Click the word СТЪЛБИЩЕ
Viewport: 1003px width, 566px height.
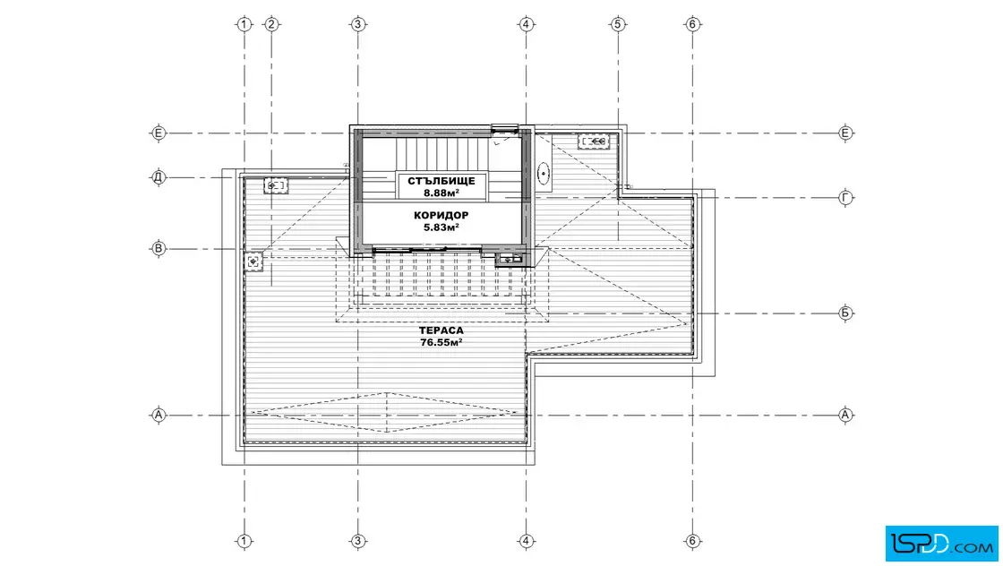(441, 181)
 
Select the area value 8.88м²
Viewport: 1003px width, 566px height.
(441, 193)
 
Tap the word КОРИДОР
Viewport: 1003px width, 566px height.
(441, 216)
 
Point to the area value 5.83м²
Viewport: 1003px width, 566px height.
(441, 227)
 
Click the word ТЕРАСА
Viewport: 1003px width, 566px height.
(441, 330)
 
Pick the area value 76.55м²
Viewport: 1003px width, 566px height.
(441, 342)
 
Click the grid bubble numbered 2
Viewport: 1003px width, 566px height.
(271, 24)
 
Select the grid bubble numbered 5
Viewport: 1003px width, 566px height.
(617, 24)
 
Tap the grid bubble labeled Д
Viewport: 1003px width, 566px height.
(158, 177)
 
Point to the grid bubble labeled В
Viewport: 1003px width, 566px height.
(158, 249)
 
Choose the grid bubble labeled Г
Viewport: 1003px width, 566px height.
(845, 198)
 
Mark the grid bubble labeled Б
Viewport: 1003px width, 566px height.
(845, 313)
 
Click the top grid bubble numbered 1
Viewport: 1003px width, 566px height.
(244, 24)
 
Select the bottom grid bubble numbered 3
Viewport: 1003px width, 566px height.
(357, 541)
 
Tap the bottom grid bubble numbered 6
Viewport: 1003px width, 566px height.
(693, 541)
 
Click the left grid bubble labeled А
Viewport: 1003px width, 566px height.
(158, 415)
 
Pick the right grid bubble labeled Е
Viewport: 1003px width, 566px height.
(845, 133)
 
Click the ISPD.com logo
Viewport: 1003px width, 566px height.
(941, 544)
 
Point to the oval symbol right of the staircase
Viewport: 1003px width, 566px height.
(544, 173)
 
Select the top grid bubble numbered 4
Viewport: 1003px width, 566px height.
(526, 24)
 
